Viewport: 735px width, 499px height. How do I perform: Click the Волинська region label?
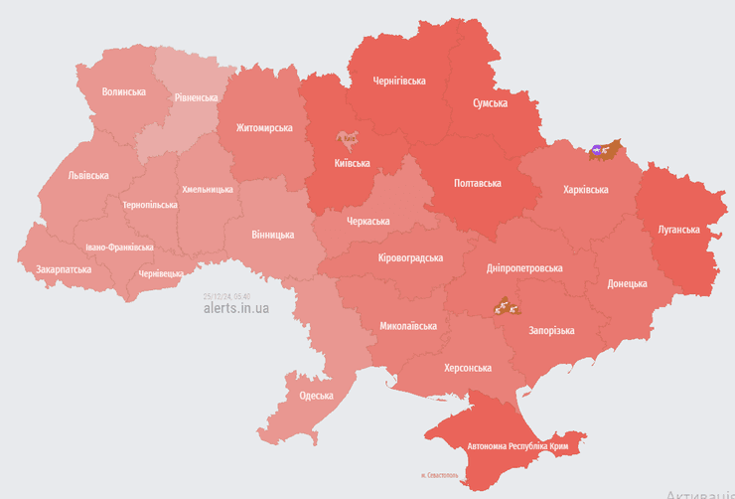124,91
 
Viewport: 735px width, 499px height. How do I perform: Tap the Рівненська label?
196,97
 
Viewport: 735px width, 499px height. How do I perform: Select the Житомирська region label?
264,128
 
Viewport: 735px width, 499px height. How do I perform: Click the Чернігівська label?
399,81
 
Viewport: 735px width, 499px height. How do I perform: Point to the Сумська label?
490,102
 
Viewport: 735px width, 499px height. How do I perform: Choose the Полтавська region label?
477,183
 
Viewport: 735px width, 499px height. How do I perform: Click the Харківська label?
586,189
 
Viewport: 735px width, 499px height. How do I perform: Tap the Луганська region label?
678,230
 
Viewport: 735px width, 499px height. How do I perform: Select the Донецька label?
627,283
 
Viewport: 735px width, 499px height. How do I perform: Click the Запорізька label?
551,331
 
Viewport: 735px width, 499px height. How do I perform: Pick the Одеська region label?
316,396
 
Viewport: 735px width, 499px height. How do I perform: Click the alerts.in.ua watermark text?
235,308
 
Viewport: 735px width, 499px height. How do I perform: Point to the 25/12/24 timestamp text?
226,296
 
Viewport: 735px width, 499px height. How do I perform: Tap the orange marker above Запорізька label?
508,304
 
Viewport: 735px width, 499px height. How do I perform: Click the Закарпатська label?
64,269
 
